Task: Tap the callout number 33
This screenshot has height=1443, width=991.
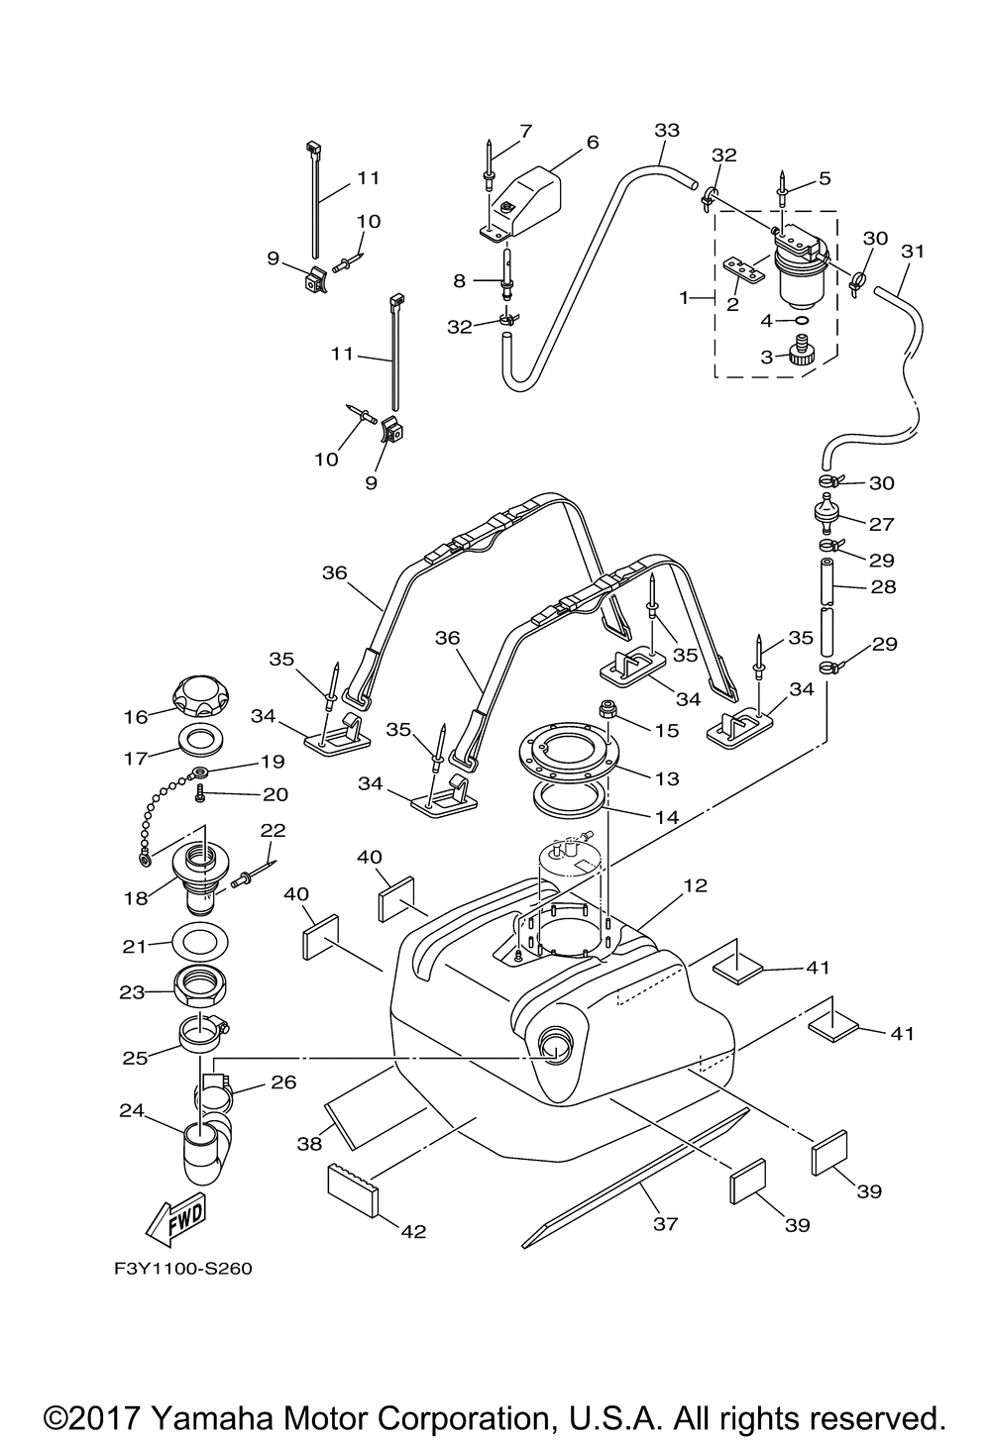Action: click(x=667, y=131)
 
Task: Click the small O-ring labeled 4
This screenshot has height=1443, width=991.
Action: click(x=801, y=320)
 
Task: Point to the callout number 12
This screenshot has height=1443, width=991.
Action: click(x=695, y=885)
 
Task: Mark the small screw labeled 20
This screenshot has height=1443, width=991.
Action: click(x=200, y=796)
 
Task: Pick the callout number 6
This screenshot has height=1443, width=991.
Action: click(x=593, y=142)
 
